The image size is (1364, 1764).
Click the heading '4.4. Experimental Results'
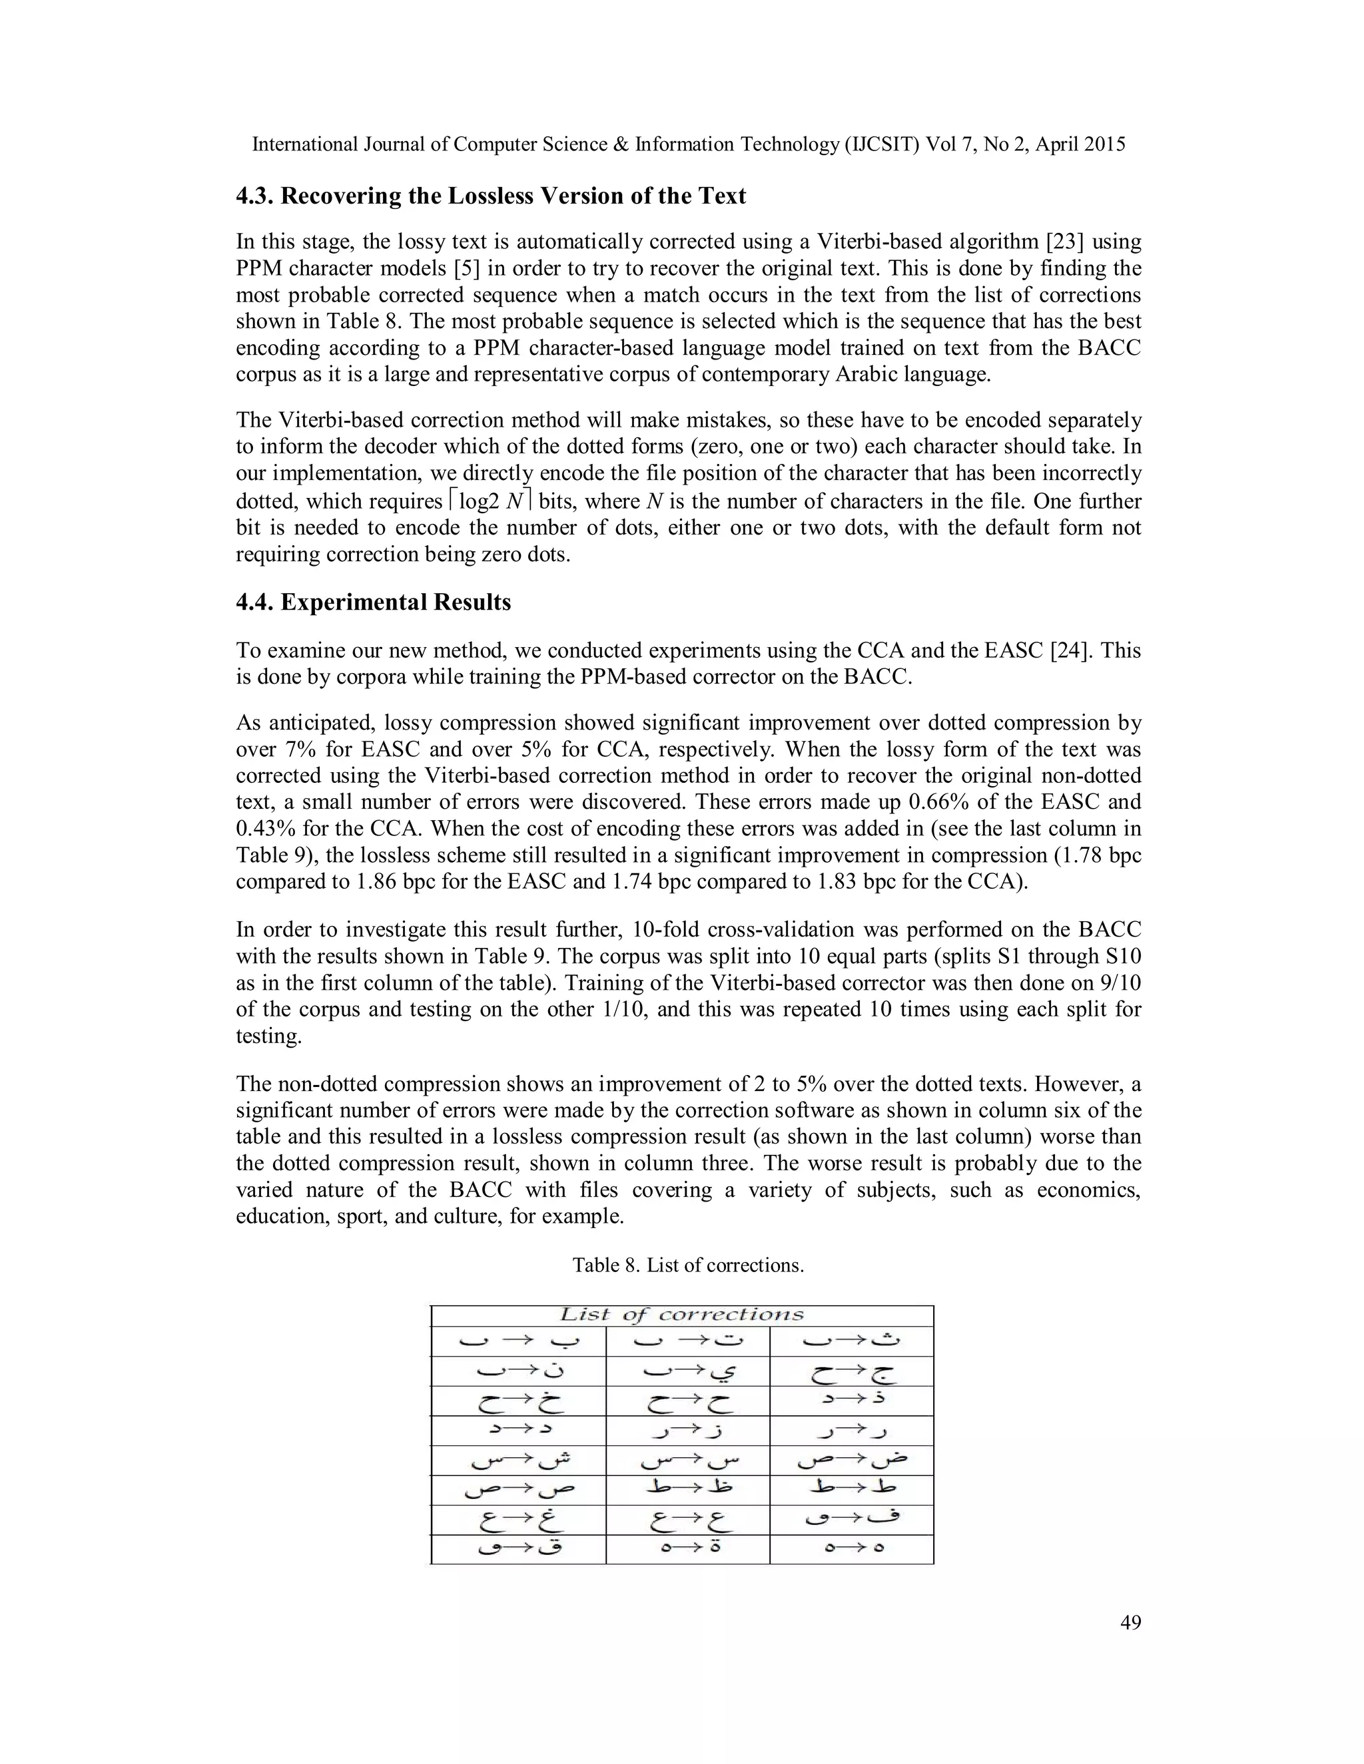coord(374,602)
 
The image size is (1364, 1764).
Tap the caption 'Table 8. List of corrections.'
coord(689,1265)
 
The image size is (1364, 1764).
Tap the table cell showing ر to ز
coord(687,1431)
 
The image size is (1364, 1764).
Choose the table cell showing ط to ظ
coord(687,1489)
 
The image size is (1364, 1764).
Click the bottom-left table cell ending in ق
coord(518,1549)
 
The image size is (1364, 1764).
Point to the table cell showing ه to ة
coord(687,1549)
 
